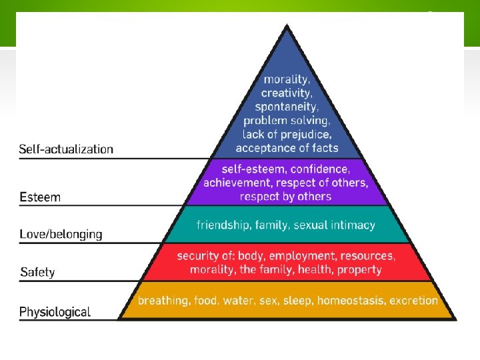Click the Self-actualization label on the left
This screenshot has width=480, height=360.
click(x=66, y=149)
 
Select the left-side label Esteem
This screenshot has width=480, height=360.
click(x=40, y=197)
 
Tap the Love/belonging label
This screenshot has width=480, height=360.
click(x=61, y=235)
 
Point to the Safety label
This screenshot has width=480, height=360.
click(x=37, y=272)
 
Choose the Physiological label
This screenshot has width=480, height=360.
click(x=55, y=312)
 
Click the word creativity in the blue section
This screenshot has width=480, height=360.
click(x=285, y=93)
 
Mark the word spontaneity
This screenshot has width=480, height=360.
click(x=287, y=107)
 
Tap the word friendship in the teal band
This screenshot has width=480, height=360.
click(x=223, y=225)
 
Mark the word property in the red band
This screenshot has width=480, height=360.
click(x=359, y=269)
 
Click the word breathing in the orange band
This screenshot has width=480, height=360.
click(x=163, y=301)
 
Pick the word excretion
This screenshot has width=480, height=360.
click(x=413, y=301)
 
